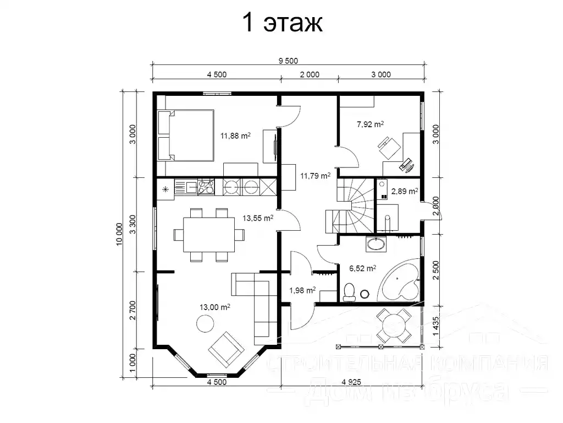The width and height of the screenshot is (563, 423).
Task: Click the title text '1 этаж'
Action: [281, 24]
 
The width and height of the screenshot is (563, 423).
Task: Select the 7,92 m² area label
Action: [370, 124]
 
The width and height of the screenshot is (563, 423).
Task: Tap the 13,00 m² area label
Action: [216, 308]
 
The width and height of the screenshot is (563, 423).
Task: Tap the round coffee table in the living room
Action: [205, 323]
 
